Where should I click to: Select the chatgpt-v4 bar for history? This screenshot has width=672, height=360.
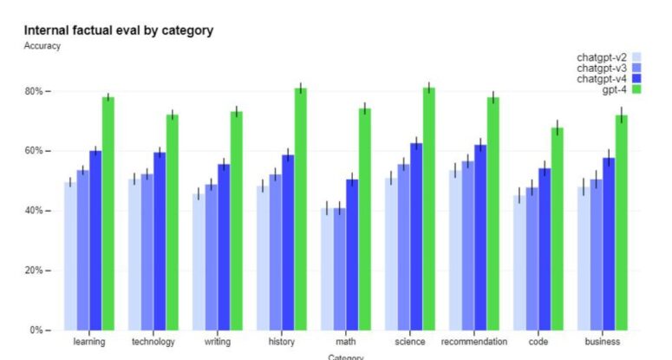(x=288, y=242)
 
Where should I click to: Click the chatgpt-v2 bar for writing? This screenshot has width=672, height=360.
(x=197, y=261)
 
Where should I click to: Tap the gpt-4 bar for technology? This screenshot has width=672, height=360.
(x=173, y=222)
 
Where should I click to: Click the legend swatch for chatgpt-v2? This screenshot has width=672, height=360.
(x=636, y=57)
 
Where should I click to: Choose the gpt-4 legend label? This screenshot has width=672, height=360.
(x=615, y=89)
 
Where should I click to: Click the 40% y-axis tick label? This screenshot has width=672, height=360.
(x=33, y=211)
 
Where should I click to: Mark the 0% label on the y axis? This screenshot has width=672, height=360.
(x=36, y=331)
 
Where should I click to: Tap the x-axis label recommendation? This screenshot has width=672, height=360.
(x=474, y=342)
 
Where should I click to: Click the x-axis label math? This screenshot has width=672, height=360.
(x=346, y=342)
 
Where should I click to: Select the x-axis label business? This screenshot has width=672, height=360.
(x=603, y=342)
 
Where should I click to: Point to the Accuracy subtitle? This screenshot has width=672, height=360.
(x=42, y=46)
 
